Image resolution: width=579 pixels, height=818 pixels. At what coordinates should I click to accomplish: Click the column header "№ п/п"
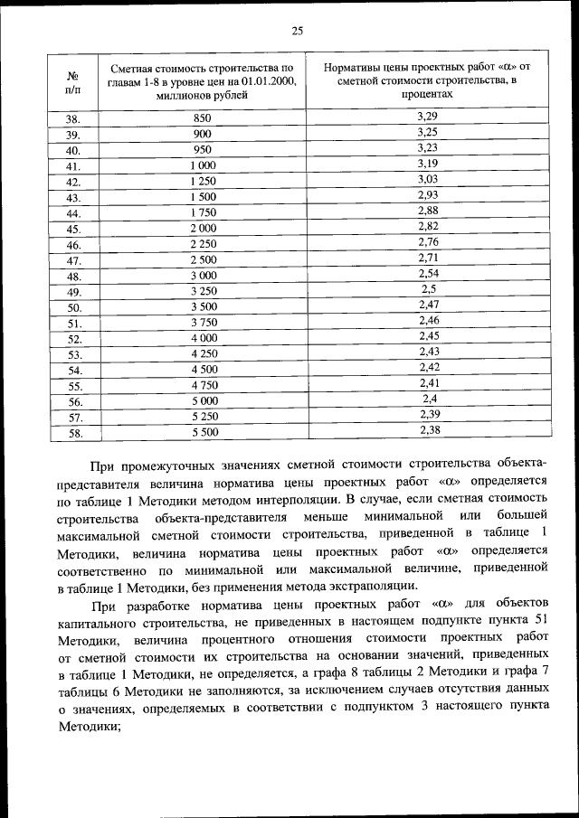tap(74, 80)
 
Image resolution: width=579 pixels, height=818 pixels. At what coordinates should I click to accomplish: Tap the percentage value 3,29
tap(428, 117)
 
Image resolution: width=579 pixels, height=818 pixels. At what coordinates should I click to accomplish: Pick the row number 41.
tap(74, 166)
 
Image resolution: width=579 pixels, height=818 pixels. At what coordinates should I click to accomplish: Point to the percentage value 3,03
tap(428, 180)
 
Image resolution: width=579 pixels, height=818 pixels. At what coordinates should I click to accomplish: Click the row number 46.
tap(74, 245)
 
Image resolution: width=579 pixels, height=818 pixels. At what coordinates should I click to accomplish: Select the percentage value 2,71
tap(428, 258)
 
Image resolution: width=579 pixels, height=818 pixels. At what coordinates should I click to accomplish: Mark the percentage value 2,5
tap(428, 289)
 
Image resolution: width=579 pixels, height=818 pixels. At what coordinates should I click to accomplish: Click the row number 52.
tap(74, 339)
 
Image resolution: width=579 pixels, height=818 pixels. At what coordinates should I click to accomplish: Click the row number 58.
tap(74, 433)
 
